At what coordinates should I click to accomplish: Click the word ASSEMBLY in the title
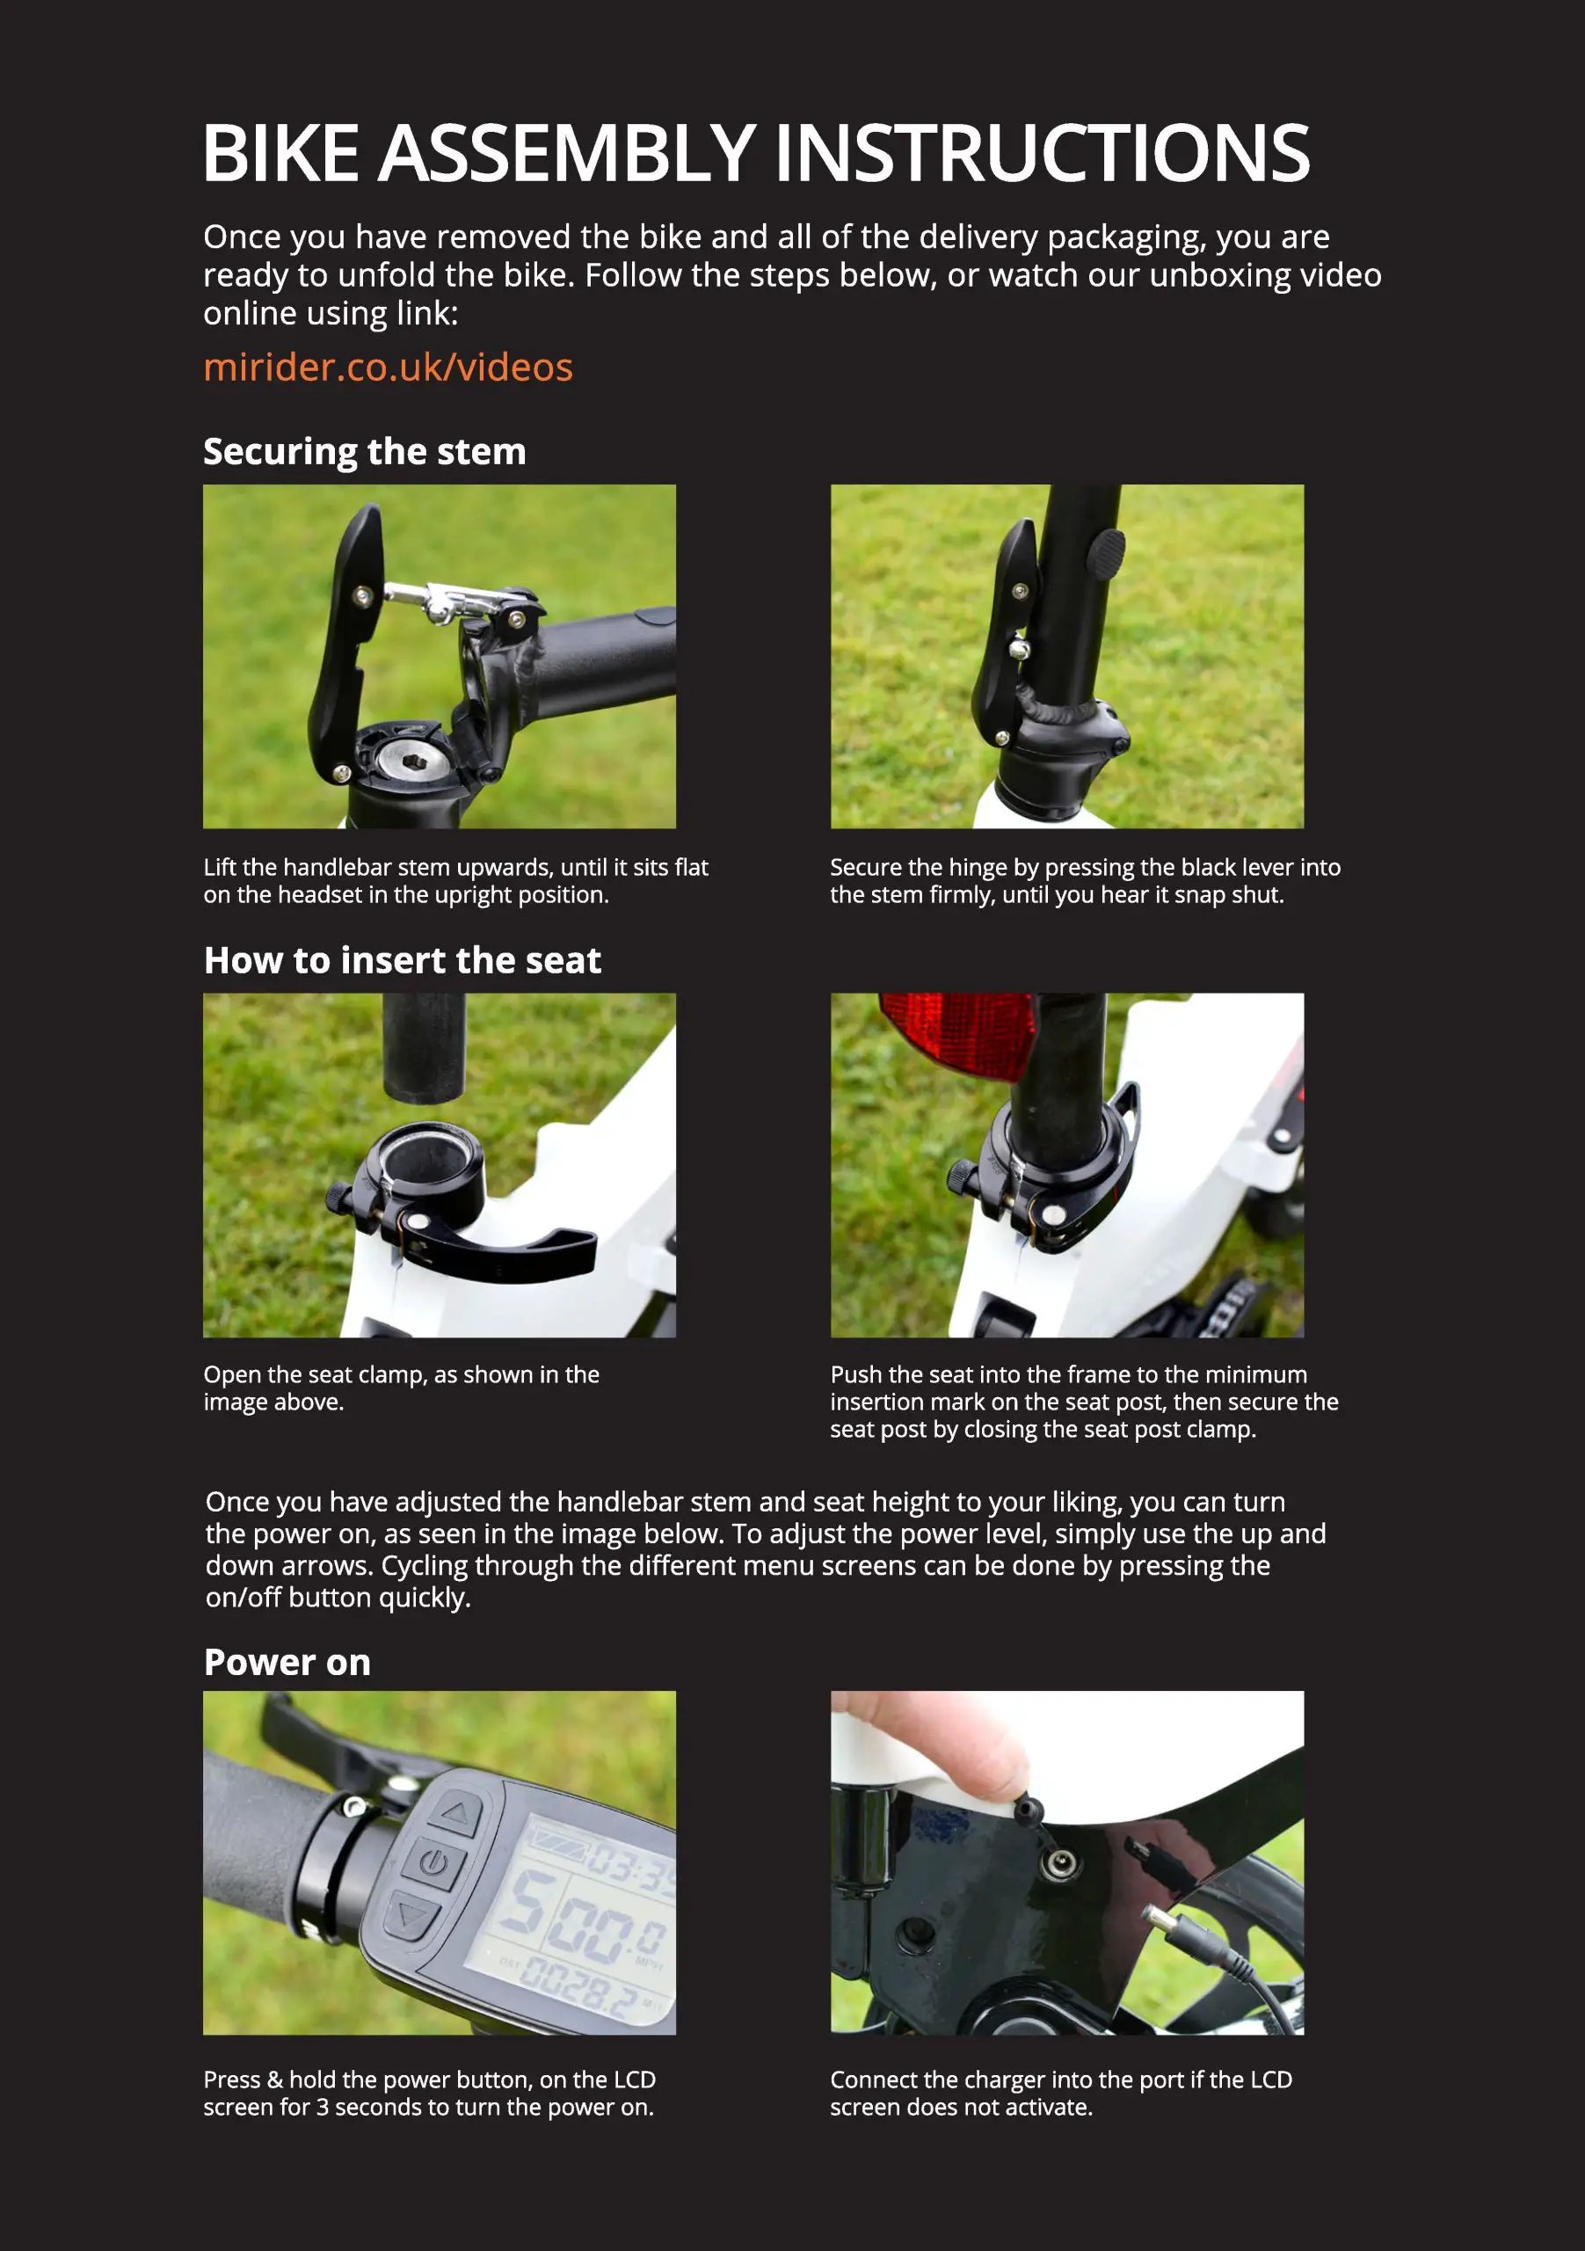coord(565,154)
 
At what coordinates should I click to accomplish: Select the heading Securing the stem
coord(364,452)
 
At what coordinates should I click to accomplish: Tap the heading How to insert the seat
coord(402,961)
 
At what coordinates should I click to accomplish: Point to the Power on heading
coord(287,1663)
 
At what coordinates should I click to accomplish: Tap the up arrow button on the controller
coord(454,1814)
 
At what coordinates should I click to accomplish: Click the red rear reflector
coord(958,1034)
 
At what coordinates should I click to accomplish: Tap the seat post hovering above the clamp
coord(424,1047)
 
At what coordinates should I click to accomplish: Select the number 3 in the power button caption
coord(322,2108)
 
